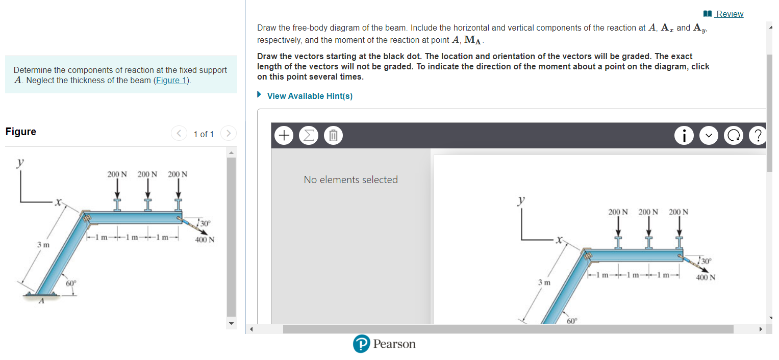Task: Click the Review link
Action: tap(730, 14)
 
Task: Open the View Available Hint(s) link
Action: tap(310, 96)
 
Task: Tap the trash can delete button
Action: tap(333, 136)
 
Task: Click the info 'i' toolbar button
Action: tap(684, 136)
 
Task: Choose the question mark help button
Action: tap(758, 136)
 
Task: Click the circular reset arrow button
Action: tap(734, 136)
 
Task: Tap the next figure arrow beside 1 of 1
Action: tap(229, 134)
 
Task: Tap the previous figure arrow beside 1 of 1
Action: tap(179, 134)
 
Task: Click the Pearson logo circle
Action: tap(361, 344)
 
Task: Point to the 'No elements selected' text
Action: tap(350, 179)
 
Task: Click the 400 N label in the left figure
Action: tap(205, 240)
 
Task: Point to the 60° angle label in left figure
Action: tap(71, 283)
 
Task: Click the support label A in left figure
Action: tap(43, 302)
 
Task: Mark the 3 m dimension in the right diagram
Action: tap(544, 282)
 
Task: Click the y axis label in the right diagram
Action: tap(521, 200)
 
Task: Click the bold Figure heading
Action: tap(21, 132)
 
